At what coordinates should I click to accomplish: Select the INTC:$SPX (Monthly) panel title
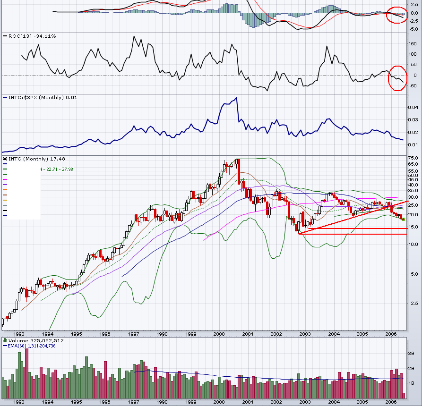pyautogui.click(x=40, y=97)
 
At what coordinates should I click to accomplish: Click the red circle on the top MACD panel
pyautogui.click(x=396, y=15)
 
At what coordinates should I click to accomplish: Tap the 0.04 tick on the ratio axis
pyautogui.click(x=413, y=107)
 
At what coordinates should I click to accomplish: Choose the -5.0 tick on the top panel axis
pyautogui.click(x=413, y=29)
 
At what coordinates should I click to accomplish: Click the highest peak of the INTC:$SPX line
pyautogui.click(x=236, y=98)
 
